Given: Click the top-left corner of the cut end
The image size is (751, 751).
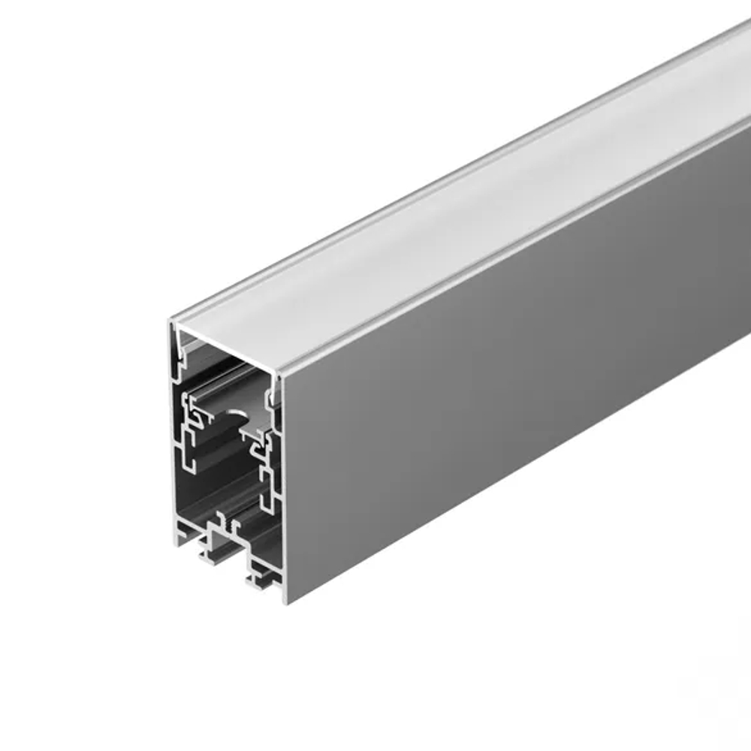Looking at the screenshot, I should (170, 322).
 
